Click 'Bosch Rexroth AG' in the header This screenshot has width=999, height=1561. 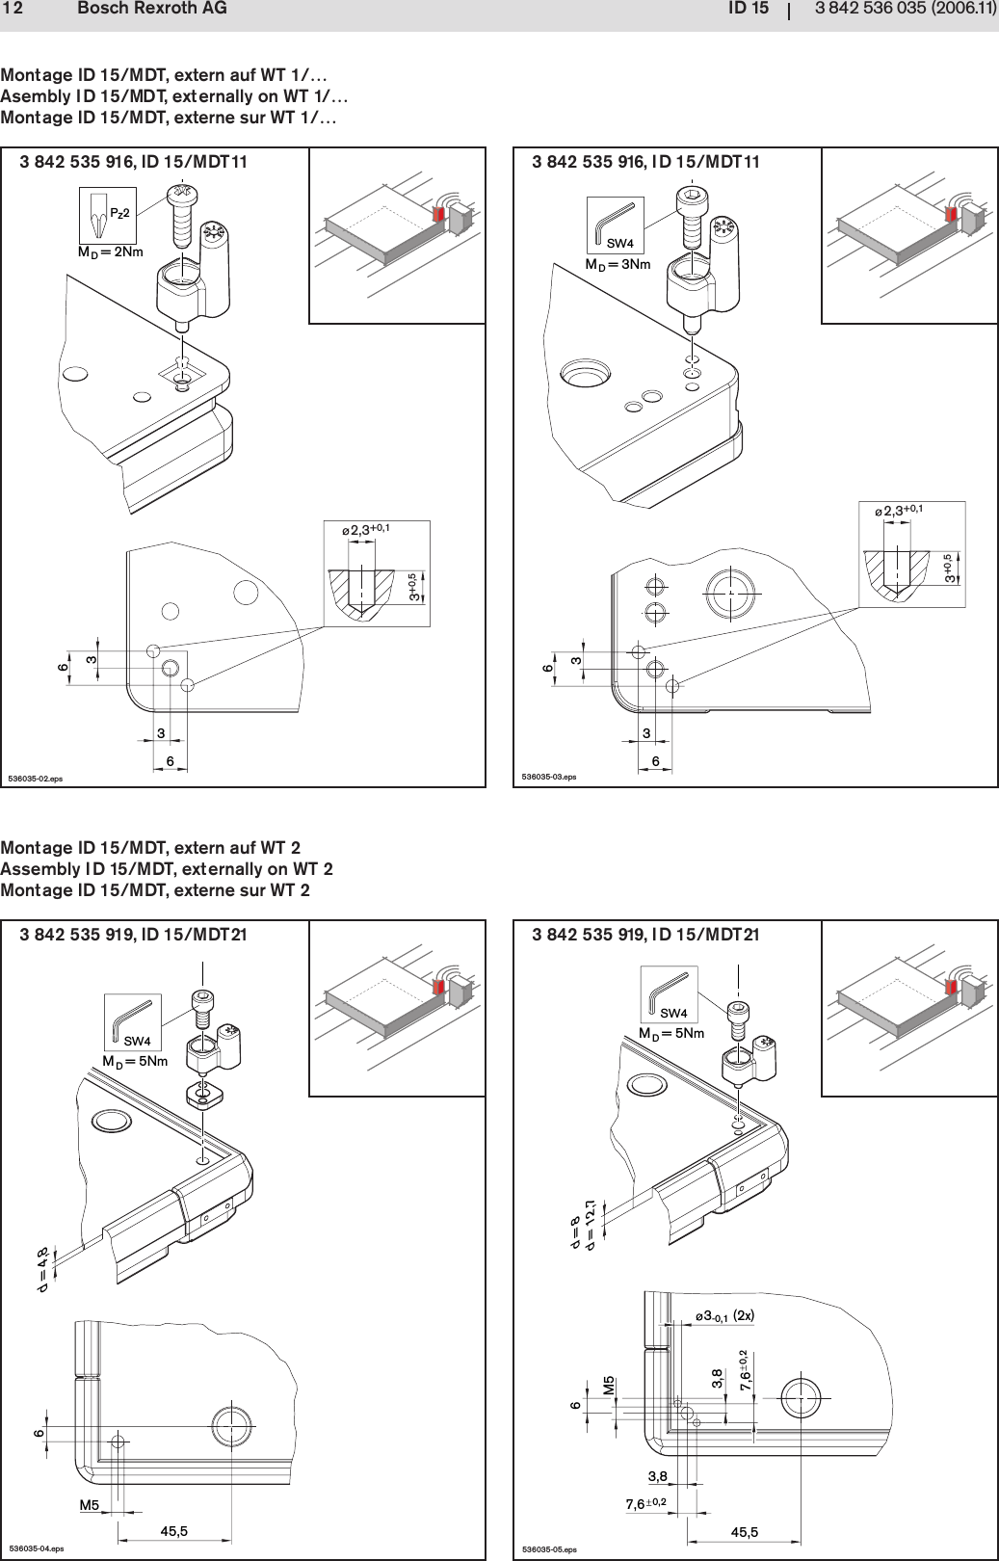pyautogui.click(x=151, y=9)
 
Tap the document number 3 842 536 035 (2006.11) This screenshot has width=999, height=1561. pyautogui.click(x=905, y=9)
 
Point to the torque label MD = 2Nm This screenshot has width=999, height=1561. pyautogui.click(x=110, y=252)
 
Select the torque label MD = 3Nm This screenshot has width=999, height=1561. pyautogui.click(x=618, y=264)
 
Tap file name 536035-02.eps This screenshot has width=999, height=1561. pyautogui.click(x=35, y=778)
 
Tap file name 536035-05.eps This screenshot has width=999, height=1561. pyautogui.click(x=548, y=1548)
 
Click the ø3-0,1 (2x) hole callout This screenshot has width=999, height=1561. pyautogui.click(x=723, y=1315)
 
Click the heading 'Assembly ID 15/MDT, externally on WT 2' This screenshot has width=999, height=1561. pyautogui.click(x=167, y=869)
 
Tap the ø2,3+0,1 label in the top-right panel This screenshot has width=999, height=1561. pyautogui.click(x=898, y=511)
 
